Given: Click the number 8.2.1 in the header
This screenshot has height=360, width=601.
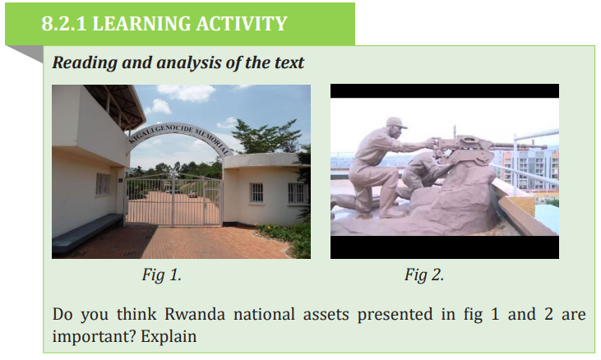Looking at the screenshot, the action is [x=63, y=24].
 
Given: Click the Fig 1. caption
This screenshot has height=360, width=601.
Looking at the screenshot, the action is [x=161, y=275].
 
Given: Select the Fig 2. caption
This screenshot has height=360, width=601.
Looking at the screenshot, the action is [x=424, y=275].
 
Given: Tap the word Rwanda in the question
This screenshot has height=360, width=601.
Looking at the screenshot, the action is [x=195, y=314].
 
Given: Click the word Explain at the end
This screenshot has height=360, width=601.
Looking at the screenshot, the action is [x=169, y=337].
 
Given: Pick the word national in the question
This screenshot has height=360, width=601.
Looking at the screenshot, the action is [x=264, y=314].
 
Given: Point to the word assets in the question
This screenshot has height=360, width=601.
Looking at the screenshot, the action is [x=326, y=315].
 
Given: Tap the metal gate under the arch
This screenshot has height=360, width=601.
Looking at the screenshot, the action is [x=173, y=200].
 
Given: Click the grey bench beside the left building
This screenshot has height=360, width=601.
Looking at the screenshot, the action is [x=86, y=233].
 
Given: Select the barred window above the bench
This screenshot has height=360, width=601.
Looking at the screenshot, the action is [x=103, y=184].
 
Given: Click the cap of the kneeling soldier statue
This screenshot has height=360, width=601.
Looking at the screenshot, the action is [x=396, y=122].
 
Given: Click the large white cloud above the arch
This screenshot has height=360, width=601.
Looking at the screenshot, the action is [x=187, y=93].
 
